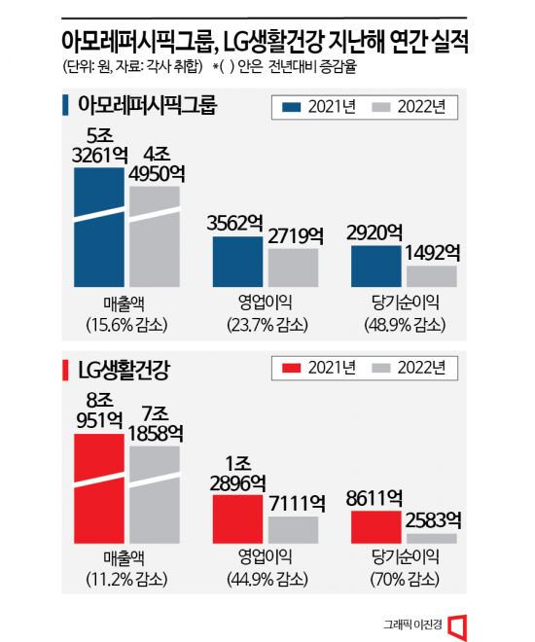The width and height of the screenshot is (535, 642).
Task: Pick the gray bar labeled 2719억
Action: coord(293,267)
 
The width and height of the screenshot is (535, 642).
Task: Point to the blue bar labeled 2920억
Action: coord(375,267)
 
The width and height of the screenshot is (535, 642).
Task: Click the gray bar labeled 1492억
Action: coord(431,276)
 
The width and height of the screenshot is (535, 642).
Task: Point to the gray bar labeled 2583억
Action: coord(431,538)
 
